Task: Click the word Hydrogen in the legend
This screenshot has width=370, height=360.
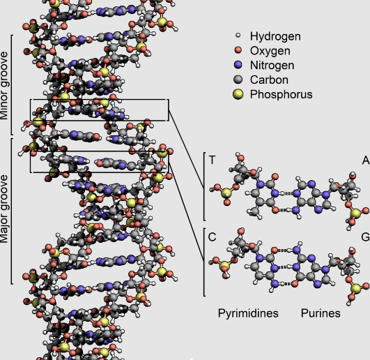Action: (275, 36)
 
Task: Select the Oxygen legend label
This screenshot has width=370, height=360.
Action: (270, 51)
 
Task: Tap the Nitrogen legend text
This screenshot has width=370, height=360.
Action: (272, 66)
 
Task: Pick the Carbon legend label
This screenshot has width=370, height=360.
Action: (269, 80)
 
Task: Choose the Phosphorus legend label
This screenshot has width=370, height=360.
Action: (282, 94)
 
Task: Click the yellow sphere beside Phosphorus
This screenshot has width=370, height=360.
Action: (238, 94)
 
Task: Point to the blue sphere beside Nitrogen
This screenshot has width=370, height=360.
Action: (238, 65)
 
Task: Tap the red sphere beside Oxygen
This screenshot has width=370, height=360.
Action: (238, 50)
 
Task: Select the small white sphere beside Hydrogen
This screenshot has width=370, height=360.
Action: (238, 36)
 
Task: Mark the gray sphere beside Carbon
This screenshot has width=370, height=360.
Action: (238, 80)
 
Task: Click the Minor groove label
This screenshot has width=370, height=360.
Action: (4, 86)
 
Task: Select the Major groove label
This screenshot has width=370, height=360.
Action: (4, 209)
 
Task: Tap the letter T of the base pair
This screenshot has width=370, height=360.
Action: (212, 160)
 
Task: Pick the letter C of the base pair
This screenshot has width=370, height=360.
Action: (212, 237)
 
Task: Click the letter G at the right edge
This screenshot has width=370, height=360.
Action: (366, 237)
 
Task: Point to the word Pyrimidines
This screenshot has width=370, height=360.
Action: (248, 313)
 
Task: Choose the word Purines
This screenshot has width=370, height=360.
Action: (321, 313)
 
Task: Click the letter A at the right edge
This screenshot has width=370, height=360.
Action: (366, 160)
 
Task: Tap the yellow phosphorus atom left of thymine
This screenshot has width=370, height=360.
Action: (226, 193)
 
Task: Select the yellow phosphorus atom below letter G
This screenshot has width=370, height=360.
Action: (355, 289)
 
